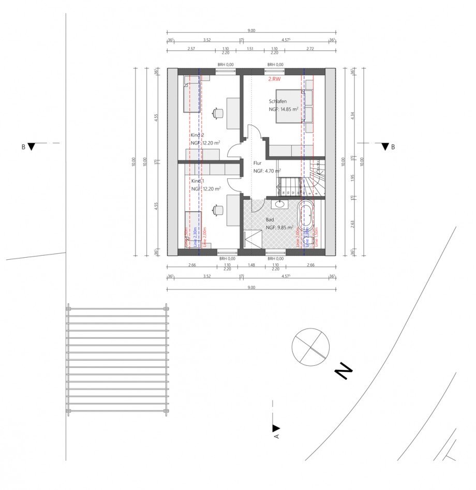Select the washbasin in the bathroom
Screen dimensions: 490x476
coord(279,204)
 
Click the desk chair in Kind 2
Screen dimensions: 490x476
coord(218,112)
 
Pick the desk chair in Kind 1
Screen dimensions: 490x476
coord(218,209)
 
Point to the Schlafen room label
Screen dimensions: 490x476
coord(277,101)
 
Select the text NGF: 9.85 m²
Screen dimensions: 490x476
coord(279,227)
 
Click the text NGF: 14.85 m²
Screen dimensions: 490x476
coord(284,110)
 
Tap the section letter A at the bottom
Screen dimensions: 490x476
coord(276,436)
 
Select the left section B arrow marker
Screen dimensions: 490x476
coord(32,147)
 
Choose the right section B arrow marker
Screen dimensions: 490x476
coord(384,147)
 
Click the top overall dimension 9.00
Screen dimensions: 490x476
coord(251,31)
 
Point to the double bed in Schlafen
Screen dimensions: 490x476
coord(294,107)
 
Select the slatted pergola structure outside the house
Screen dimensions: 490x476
coord(117,360)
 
